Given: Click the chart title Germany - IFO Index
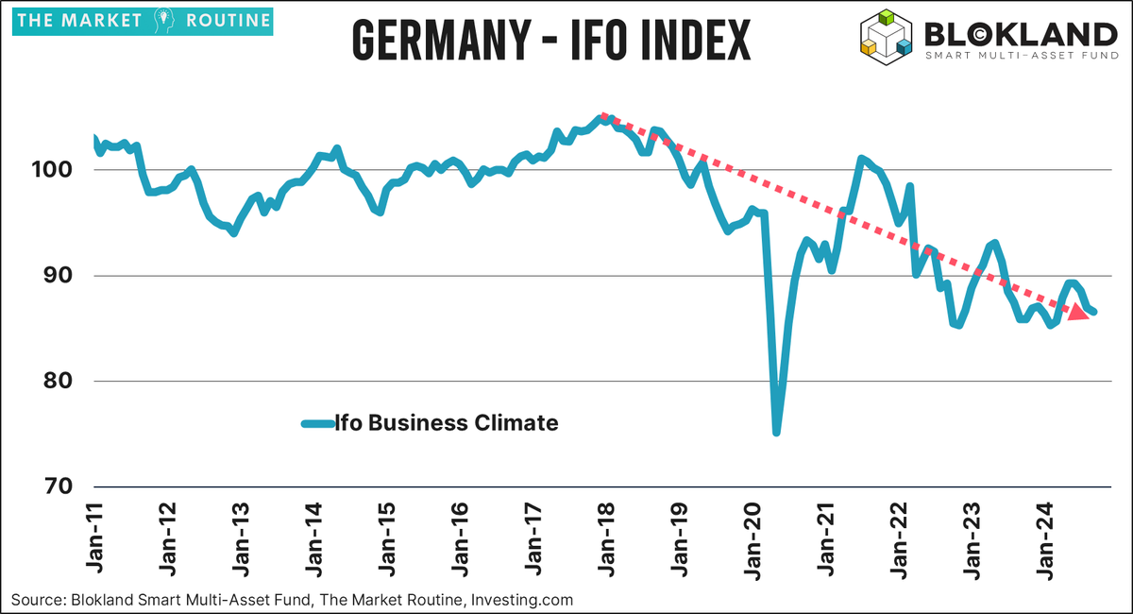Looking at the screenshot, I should click(x=550, y=40).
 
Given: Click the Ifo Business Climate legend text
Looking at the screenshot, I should click(x=448, y=423).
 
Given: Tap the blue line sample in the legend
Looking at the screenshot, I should click(x=317, y=423).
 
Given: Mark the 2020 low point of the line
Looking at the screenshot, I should click(x=776, y=433).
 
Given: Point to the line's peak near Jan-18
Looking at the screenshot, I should click(x=602, y=117).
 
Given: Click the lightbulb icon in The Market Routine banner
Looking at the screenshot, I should click(x=160, y=20).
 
